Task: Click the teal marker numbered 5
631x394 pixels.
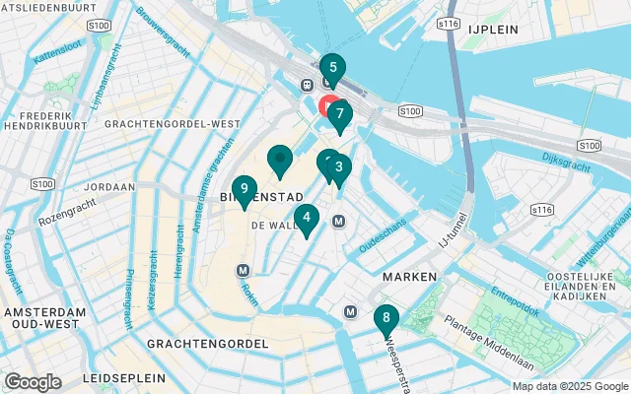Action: coord(332,69)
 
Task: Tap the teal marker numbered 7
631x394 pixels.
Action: coord(339,114)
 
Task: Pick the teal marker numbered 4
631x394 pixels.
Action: coord(307,219)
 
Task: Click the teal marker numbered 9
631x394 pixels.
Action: coord(244,190)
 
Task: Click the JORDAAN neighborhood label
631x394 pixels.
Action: coord(108,186)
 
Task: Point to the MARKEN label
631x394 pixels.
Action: coord(409,278)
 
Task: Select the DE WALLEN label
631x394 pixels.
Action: coord(274,226)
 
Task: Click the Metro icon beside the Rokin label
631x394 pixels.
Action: coord(243,270)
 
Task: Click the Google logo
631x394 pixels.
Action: coord(33,382)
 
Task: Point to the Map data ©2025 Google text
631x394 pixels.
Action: coord(569,386)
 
